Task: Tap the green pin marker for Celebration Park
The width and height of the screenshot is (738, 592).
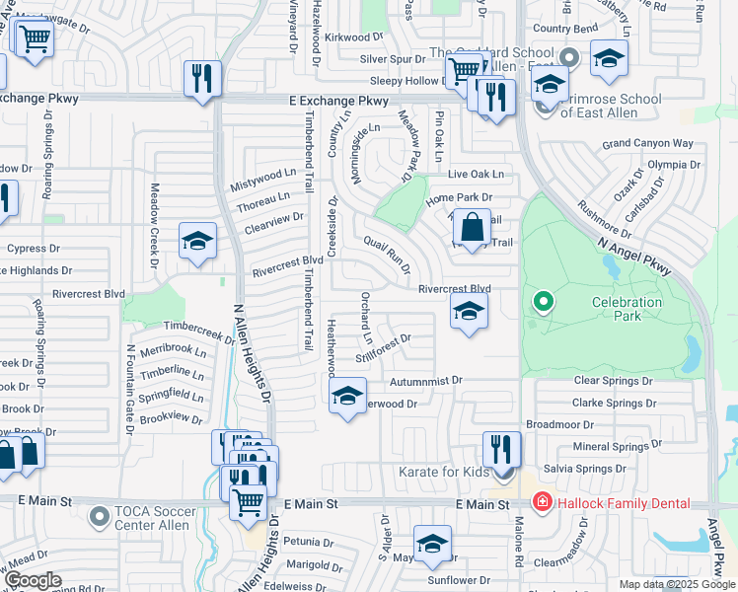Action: (542, 301)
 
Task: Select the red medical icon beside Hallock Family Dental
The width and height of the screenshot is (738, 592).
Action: (541, 503)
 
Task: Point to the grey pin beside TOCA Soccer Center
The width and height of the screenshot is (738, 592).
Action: (98, 515)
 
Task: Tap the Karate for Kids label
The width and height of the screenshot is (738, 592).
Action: (443, 473)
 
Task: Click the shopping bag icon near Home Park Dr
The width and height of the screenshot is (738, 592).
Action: (474, 226)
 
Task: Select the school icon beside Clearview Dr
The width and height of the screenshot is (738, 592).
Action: (197, 240)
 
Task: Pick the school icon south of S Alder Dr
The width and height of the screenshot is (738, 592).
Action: (431, 544)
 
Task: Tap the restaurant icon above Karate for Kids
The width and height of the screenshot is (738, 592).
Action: (501, 449)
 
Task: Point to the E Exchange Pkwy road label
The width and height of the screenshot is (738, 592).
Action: (338, 101)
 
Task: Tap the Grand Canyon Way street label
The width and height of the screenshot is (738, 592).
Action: (647, 144)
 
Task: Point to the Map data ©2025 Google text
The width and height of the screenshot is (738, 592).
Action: (676, 584)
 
